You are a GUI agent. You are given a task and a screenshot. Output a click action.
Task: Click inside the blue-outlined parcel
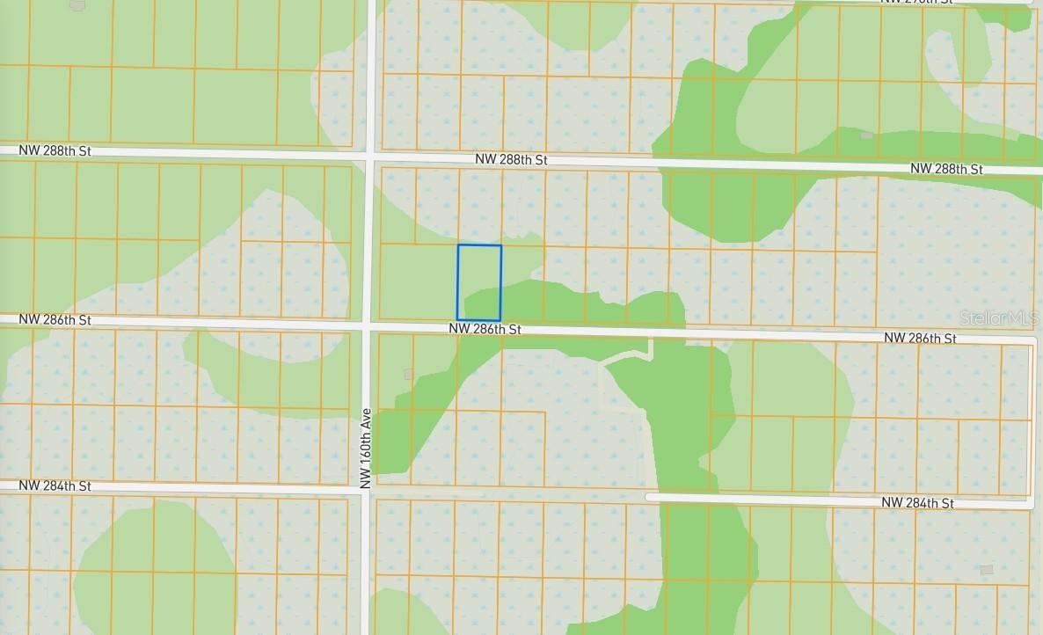pyautogui.click(x=479, y=282)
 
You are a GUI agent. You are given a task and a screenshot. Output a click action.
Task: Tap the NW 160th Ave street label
pyautogui.click(x=366, y=448)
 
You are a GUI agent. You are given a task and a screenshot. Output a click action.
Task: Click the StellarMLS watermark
pyautogui.click(x=999, y=318)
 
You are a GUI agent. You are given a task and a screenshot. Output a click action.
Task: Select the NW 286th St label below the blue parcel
pyautogui.click(x=485, y=329)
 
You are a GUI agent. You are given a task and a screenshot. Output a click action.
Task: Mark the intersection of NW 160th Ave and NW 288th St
pyautogui.click(x=370, y=157)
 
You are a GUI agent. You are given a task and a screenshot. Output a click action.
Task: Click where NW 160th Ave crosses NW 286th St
pyautogui.click(x=368, y=326)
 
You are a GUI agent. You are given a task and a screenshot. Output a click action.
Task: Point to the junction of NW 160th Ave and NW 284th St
pyautogui.click(x=366, y=489)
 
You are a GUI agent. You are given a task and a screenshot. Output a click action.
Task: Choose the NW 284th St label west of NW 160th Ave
pyautogui.click(x=55, y=485)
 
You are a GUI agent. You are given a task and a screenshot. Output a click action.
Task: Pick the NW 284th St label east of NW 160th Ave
pyautogui.click(x=917, y=503)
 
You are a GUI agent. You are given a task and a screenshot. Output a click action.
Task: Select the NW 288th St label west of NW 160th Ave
pyautogui.click(x=55, y=150)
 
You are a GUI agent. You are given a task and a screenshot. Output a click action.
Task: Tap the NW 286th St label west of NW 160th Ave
pyautogui.click(x=55, y=320)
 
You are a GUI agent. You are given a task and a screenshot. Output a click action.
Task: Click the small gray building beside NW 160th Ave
pyautogui.click(x=408, y=375)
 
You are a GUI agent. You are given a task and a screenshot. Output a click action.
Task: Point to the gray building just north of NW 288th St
pyautogui.click(x=867, y=135)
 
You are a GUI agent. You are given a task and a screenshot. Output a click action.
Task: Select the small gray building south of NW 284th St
pyautogui.click(x=987, y=570)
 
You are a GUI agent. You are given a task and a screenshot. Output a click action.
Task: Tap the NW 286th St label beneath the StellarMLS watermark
pyautogui.click(x=920, y=338)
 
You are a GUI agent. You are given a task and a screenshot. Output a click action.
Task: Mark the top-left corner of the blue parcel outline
pyautogui.click(x=458, y=245)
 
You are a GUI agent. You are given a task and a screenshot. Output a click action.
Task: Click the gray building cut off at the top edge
pyautogui.click(x=77, y=5)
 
